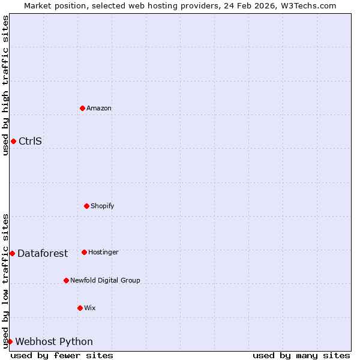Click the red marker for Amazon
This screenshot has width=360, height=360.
(x=83, y=108)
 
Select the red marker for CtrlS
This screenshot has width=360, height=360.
(x=13, y=141)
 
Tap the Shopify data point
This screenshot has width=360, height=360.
(x=86, y=206)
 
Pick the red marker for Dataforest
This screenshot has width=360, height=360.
(x=12, y=253)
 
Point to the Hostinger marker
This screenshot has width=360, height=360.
(x=84, y=252)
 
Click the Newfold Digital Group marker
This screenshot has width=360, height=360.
(x=66, y=280)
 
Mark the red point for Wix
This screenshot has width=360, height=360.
(x=80, y=308)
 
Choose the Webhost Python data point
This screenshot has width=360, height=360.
(x=10, y=341)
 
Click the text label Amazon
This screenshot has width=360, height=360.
(x=99, y=109)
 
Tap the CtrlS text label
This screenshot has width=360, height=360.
(x=30, y=142)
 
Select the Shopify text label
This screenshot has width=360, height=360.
(x=102, y=206)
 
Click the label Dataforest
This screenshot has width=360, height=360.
(x=43, y=254)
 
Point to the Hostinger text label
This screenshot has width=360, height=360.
(x=103, y=253)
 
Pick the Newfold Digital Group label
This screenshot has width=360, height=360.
(x=105, y=281)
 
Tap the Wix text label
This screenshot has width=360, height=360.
(x=90, y=308)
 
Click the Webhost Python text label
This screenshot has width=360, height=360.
(x=54, y=342)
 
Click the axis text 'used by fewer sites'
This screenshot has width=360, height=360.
(x=62, y=355)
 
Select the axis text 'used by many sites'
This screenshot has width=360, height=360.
(x=301, y=355)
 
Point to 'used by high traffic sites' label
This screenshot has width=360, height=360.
(x=5, y=85)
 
